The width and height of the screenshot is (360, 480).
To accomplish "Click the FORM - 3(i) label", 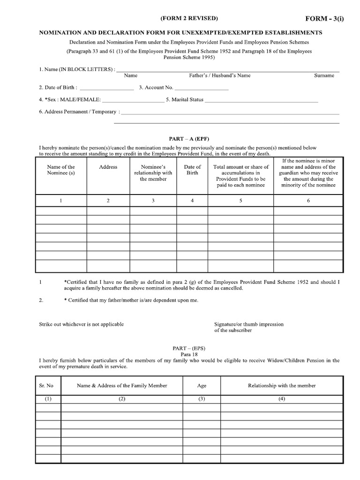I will (325, 19).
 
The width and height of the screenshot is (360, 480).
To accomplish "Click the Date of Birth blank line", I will (107, 88).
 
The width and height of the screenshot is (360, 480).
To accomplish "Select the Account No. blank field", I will (202, 88).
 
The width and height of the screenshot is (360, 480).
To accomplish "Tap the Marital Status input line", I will (261, 100).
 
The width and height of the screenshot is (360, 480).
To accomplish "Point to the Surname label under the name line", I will (324, 75).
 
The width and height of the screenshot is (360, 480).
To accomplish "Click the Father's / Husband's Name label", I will (220, 75).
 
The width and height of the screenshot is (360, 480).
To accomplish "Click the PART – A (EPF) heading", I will (189, 139).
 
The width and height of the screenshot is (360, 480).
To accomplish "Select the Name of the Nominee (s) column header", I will (61, 170).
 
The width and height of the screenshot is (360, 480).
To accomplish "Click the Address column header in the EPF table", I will (108, 167).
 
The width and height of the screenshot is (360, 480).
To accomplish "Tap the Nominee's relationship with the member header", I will (153, 172).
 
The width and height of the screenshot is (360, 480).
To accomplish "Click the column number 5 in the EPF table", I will (241, 201).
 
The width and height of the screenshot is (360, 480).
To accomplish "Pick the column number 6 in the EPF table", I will (308, 201).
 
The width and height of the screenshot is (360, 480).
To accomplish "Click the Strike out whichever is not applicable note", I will (82, 324).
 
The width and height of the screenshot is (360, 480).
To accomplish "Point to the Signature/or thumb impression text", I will (248, 324).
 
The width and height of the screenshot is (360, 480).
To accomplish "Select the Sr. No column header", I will (46, 386).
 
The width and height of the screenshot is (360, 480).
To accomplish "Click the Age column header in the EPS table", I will (202, 386).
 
